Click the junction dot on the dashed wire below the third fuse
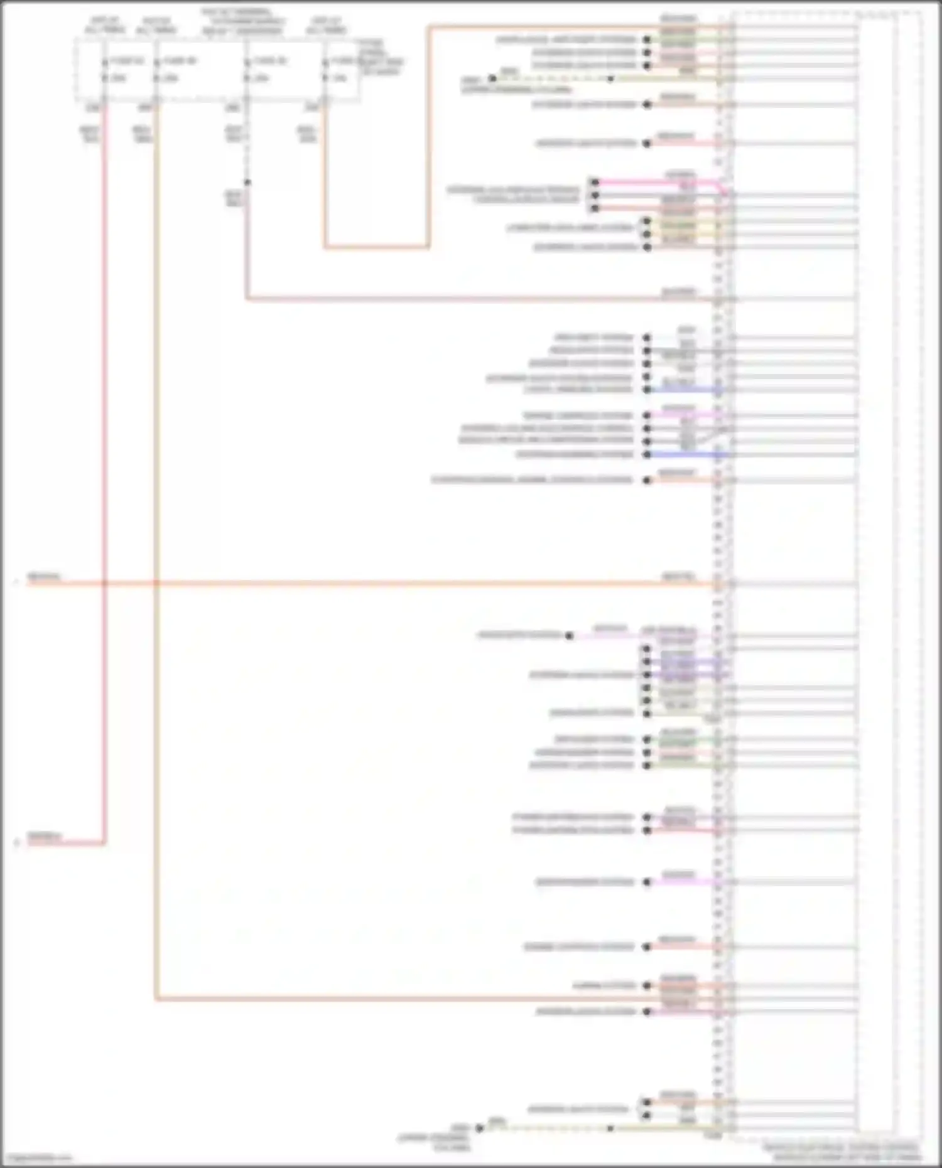(x=247, y=183)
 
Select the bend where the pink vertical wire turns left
(x=104, y=843)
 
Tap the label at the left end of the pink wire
(x=44, y=837)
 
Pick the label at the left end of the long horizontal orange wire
(x=44, y=577)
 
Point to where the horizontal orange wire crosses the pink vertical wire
(x=104, y=584)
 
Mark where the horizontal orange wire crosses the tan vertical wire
(x=155, y=584)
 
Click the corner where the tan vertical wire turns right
(x=155, y=999)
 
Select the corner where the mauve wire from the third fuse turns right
(x=246, y=299)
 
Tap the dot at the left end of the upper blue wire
(x=647, y=390)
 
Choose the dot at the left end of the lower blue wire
(x=647, y=454)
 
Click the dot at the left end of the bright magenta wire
(x=594, y=183)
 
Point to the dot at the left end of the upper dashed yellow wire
(x=492, y=78)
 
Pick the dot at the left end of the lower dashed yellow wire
(x=479, y=1128)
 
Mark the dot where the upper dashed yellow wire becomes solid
(x=610, y=78)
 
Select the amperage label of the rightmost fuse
(x=340, y=78)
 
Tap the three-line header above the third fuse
(x=237, y=21)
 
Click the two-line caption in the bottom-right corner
(x=842, y=1152)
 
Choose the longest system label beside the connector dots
(x=532, y=480)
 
